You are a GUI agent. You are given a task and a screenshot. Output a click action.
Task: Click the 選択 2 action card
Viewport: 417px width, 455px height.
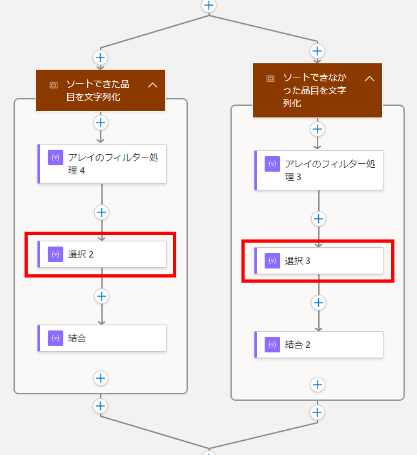[102, 254]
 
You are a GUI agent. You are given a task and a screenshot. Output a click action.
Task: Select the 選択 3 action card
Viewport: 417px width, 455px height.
[319, 261]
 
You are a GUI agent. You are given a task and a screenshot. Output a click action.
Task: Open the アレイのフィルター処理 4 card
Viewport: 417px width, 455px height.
[102, 164]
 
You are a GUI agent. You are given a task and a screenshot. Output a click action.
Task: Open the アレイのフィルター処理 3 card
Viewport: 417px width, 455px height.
[319, 170]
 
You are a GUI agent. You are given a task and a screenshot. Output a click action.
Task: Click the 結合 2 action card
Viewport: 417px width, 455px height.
[319, 345]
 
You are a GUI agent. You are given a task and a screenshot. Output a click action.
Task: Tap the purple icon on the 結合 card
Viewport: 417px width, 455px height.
[56, 338]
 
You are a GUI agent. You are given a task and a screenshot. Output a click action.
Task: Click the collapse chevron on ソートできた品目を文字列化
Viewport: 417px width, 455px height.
[152, 85]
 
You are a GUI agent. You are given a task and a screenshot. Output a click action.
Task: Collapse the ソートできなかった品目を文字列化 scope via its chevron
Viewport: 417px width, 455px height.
[369, 79]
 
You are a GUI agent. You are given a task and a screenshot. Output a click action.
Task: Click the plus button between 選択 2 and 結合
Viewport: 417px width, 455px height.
[101, 296]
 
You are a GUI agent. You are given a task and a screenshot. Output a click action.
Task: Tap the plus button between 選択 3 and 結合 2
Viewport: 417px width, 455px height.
[319, 303]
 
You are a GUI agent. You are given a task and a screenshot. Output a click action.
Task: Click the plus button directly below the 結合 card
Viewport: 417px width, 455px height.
[101, 378]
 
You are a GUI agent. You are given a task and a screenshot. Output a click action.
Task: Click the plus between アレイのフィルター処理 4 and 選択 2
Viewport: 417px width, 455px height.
[101, 212]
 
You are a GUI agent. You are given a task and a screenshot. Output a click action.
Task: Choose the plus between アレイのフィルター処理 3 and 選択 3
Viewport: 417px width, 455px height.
[319, 219]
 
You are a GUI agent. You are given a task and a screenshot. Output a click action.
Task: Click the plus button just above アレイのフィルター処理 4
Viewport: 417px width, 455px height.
[101, 123]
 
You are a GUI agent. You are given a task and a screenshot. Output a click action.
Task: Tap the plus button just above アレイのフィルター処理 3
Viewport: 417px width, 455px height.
[318, 129]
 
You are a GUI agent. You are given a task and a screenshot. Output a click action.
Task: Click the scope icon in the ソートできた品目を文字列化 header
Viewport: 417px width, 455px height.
[54, 85]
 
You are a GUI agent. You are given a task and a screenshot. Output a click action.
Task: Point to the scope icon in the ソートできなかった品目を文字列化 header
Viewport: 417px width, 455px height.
[270, 79]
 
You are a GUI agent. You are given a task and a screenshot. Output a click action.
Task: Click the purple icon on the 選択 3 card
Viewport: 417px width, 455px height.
[272, 261]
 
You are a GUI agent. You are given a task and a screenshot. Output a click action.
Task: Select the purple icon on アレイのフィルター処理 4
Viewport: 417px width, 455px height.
[56, 157]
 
